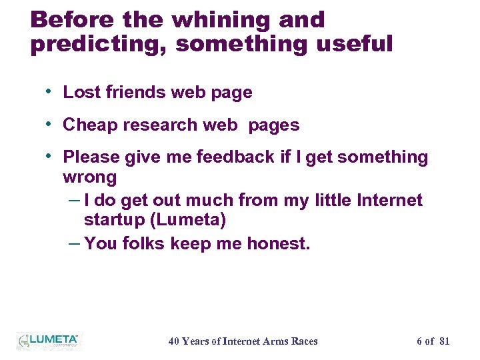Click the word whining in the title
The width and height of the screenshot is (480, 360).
(223, 20)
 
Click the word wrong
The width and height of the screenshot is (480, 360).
(89, 177)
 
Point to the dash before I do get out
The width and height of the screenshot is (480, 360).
(75, 199)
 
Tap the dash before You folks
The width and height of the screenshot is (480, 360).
(75, 243)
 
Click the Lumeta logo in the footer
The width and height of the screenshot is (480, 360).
(48, 341)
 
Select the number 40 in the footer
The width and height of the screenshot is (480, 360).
(173, 341)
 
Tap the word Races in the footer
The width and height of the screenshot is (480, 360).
(305, 341)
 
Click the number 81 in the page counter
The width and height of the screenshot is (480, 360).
(445, 341)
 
